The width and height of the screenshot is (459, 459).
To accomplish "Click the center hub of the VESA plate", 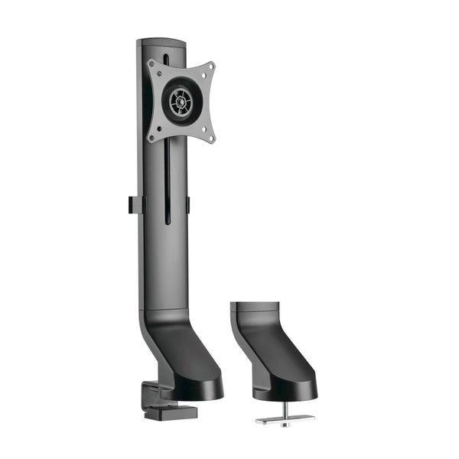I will [x=181, y=100].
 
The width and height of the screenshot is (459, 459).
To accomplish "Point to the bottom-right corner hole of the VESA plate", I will [x=210, y=135].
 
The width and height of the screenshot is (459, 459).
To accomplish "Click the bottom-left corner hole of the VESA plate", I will [x=154, y=137].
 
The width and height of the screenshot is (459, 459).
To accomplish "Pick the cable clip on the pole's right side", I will [x=188, y=204].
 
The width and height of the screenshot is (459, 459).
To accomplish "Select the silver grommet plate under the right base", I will [x=285, y=419].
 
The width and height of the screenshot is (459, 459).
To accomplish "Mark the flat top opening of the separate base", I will [x=256, y=305].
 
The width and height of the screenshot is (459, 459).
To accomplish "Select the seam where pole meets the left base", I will [x=164, y=310].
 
